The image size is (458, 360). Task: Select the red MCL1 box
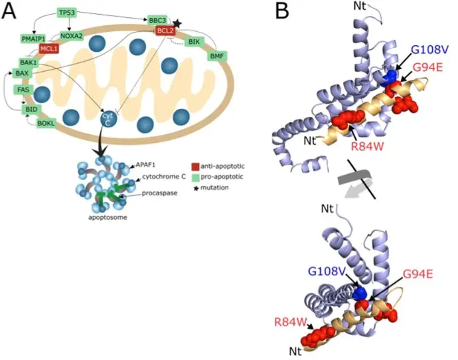coord(48,48)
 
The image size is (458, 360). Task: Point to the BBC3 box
coord(158,20)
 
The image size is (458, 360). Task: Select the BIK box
coord(194,42)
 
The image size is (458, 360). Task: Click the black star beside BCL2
coord(177,23)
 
